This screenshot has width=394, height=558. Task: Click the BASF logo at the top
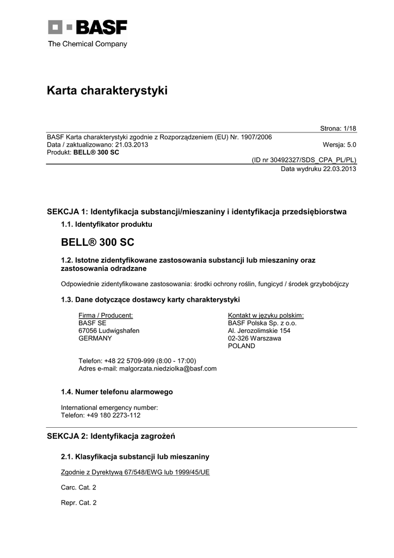[87, 27]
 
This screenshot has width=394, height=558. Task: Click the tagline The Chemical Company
[87, 44]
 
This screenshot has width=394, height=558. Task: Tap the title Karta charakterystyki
[107, 91]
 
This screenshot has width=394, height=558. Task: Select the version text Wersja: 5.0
[340, 145]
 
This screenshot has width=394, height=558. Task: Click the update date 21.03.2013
[130, 145]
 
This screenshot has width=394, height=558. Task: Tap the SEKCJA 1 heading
[196, 211]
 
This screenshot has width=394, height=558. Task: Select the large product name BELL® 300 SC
[97, 241]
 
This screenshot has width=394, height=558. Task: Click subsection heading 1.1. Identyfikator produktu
[106, 224]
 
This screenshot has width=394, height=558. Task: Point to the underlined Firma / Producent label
[106, 316]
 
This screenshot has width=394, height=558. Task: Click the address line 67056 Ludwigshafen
[109, 331]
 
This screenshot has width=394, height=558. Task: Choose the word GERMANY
[95, 338]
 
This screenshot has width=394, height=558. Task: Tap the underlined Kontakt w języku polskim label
[266, 316]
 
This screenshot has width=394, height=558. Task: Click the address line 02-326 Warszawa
[255, 338]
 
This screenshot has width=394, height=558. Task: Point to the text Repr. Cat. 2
[78, 503]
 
